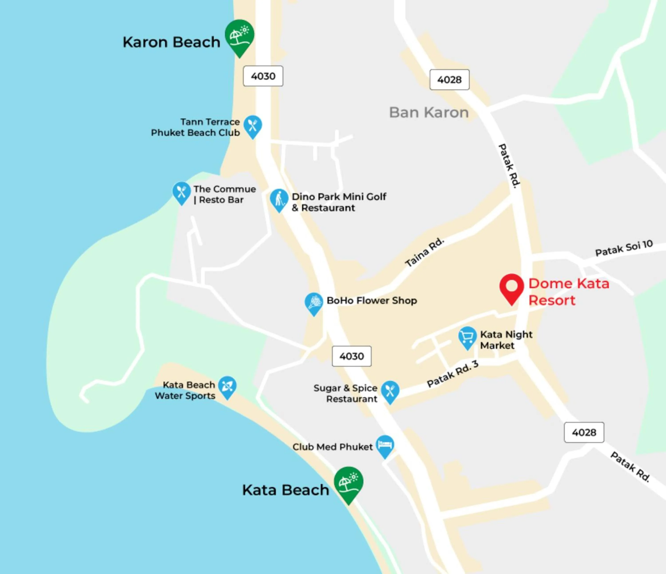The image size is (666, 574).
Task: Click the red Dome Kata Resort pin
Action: [x=511, y=287]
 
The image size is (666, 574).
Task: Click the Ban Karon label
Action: [x=429, y=112]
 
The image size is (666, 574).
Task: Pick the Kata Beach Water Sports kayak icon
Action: [x=227, y=386]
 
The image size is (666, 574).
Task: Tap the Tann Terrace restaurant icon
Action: [x=253, y=126]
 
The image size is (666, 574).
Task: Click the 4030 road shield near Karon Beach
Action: [x=263, y=76]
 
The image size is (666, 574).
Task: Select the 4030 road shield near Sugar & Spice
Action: [x=352, y=356]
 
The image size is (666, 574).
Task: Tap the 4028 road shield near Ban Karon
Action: [x=449, y=80]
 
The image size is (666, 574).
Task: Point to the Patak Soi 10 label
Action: [x=624, y=248]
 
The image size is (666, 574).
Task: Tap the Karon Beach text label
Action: [x=171, y=42]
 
